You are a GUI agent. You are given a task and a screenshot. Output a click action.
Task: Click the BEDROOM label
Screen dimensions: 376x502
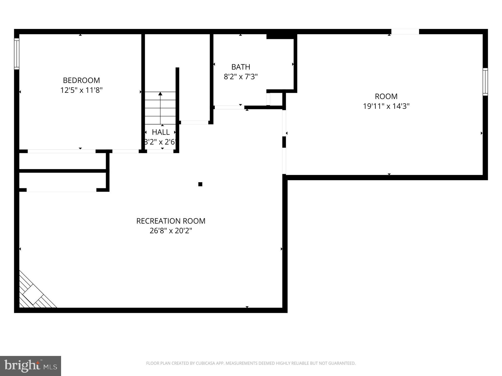click(x=81, y=80)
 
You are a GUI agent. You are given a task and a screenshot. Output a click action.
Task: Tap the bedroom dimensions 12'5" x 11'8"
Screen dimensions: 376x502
click(x=81, y=90)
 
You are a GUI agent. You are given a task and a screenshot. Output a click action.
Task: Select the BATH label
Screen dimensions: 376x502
click(x=240, y=67)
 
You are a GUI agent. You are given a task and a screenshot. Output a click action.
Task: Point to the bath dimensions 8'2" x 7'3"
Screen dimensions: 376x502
click(x=240, y=77)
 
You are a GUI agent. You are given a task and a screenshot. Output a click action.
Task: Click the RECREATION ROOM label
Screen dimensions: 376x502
click(x=171, y=221)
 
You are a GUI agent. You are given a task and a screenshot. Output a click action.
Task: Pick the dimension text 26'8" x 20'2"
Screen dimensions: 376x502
click(x=171, y=231)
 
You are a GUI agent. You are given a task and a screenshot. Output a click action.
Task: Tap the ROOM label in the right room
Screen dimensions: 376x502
click(x=386, y=96)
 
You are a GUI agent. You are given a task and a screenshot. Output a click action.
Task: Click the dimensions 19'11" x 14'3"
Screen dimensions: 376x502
click(x=386, y=106)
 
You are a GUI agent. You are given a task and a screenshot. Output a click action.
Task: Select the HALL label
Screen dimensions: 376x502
click(x=161, y=132)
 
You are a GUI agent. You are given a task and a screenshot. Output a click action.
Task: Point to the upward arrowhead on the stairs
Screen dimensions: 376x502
click(x=160, y=94)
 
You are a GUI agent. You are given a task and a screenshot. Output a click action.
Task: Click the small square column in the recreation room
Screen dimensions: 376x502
click(x=200, y=184)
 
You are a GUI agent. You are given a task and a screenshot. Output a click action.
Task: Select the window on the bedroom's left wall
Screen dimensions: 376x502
click(x=16, y=54)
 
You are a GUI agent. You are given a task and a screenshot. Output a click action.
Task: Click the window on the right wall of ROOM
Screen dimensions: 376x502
click(x=485, y=82)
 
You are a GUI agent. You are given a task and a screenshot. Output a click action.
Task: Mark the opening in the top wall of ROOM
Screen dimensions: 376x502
click(x=405, y=31)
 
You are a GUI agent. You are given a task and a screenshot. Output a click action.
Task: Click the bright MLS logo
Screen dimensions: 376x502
click(x=30, y=366)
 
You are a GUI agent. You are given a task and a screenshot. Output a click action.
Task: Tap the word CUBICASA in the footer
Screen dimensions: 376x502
click(x=206, y=363)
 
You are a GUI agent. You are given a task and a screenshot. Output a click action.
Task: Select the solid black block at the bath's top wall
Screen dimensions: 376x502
click(x=280, y=36)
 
